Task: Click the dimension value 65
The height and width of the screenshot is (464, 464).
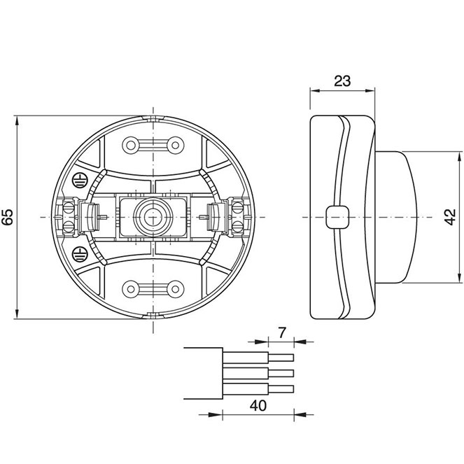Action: click(8, 217)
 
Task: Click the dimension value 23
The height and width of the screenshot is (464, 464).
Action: click(342, 80)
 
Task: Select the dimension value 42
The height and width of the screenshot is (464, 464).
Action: click(451, 217)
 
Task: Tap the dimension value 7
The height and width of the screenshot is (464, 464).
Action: click(282, 333)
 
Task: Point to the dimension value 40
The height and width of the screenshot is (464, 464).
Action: click(258, 405)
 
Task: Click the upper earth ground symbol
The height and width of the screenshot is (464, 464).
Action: click(79, 181)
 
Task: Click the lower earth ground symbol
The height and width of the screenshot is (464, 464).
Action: click(79, 254)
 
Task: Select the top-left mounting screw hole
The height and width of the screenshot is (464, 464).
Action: click(130, 146)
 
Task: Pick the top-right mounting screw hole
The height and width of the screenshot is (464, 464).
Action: click(175, 146)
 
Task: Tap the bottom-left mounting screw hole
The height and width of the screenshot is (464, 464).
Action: click(130, 289)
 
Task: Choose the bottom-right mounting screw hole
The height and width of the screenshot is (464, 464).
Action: click(175, 289)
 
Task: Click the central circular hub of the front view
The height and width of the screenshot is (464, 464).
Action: click(153, 217)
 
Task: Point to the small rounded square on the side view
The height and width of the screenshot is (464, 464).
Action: click(337, 217)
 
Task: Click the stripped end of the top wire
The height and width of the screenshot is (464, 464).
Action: click(281, 358)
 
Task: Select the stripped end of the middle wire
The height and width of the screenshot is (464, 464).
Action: click(281, 373)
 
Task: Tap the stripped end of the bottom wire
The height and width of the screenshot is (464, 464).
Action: click(281, 388)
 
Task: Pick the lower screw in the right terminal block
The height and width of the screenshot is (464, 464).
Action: click(238, 227)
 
